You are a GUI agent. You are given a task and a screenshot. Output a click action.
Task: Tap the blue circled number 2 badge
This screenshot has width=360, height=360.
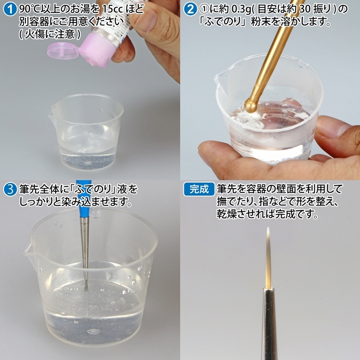pyautogui.click(x=191, y=9)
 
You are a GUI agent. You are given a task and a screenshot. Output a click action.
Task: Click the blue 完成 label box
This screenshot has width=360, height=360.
pyautogui.click(x=199, y=189)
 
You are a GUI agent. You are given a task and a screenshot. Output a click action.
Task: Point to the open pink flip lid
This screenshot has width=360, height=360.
pyautogui.click(x=61, y=50)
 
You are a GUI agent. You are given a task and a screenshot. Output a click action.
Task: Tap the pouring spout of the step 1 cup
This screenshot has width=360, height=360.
pyautogui.click(x=51, y=114)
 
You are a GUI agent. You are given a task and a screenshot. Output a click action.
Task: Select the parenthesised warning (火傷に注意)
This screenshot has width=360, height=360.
pyautogui.click(x=49, y=34)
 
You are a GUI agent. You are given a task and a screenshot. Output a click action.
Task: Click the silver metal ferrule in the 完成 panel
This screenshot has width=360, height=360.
pyautogui.click(x=269, y=324)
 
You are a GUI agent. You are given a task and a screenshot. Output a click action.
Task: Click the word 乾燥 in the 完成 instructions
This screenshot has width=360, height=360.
pyautogui.click(x=226, y=214)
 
